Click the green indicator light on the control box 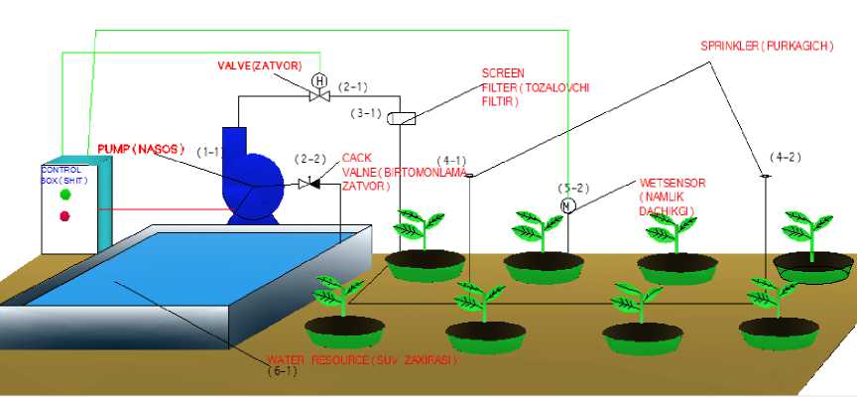point(65,195)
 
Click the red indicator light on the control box point(65,215)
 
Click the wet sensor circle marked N point(567,205)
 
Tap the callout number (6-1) point(283,371)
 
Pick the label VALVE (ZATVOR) point(259,65)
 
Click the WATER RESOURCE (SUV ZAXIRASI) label point(361,359)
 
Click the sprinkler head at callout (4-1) point(470,176)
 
